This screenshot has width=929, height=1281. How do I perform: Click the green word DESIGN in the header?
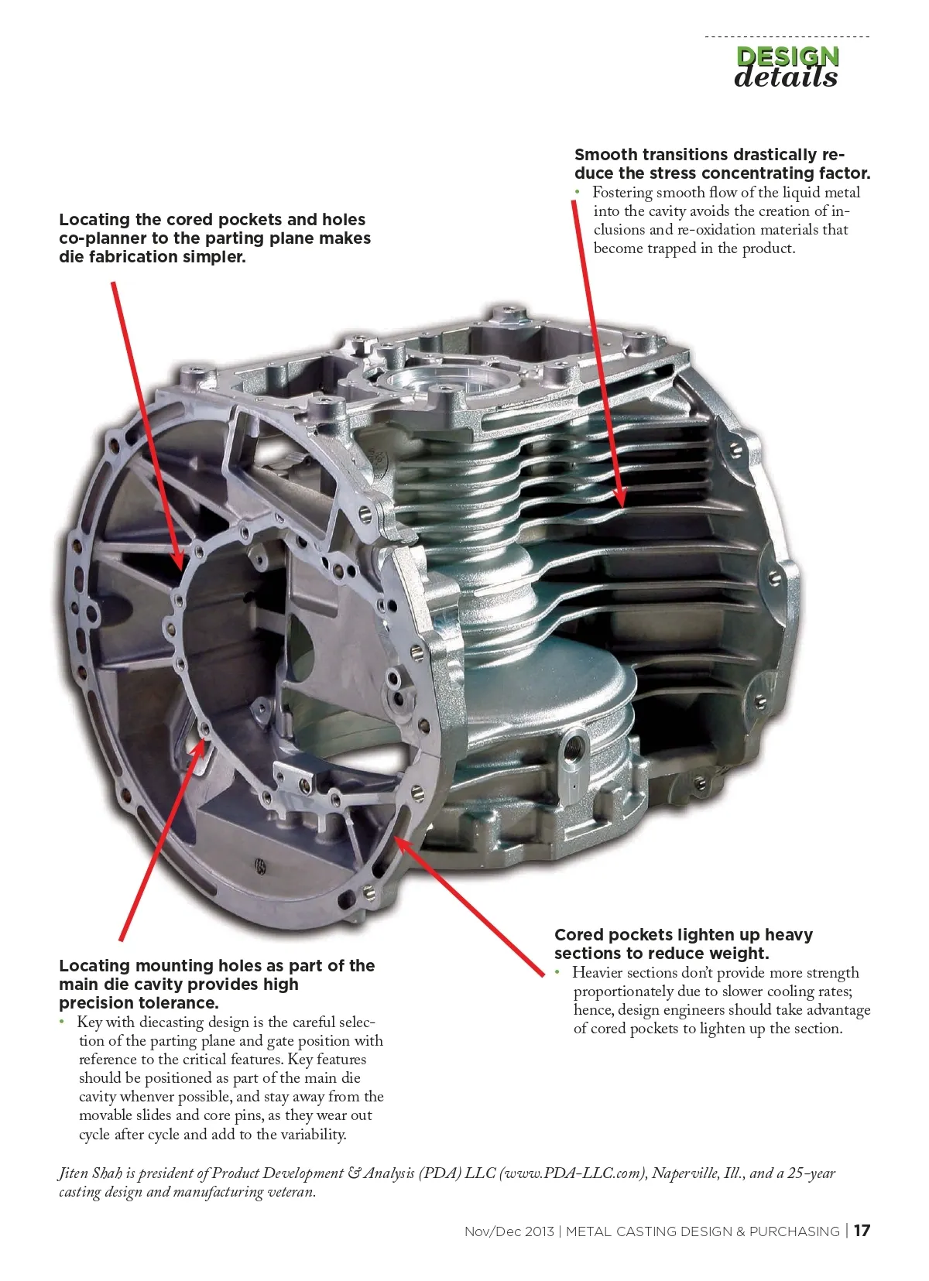click(787, 57)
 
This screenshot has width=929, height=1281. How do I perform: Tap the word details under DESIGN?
click(786, 77)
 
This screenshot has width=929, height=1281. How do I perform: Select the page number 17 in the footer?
click(862, 1231)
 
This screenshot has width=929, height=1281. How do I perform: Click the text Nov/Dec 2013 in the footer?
click(509, 1231)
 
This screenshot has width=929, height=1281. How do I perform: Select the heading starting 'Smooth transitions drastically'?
click(722, 163)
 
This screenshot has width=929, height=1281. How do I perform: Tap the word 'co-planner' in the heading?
click(102, 238)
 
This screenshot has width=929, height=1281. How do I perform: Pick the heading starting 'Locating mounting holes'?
click(217, 984)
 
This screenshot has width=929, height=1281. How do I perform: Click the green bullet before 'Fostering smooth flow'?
click(578, 193)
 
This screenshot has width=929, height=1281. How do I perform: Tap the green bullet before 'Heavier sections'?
click(557, 972)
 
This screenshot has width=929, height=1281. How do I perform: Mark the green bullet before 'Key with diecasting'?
click(62, 1022)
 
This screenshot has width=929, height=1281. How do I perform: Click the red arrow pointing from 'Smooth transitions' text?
click(598, 355)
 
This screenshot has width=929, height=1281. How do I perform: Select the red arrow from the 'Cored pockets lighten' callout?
click(469, 906)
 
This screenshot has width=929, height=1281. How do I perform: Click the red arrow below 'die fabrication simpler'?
click(148, 426)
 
